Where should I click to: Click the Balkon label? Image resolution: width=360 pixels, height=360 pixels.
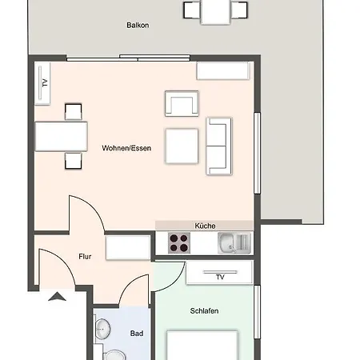coord(138,26)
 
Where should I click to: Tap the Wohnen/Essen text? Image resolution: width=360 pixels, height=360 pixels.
coord(126,148)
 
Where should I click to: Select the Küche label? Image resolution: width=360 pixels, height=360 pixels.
coord(205,226)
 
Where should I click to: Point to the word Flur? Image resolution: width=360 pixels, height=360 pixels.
coord(85,257)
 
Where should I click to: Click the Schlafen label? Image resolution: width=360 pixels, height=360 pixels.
coord(205,311)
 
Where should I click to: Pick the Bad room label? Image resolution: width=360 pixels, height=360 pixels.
coord(136,334)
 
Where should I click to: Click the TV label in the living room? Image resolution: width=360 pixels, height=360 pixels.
coord(45,83)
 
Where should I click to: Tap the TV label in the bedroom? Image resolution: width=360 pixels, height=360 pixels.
coord(219,277)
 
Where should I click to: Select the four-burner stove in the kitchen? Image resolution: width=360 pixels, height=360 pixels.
coord(178,242)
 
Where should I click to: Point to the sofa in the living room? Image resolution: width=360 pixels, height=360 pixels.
coord(219,146)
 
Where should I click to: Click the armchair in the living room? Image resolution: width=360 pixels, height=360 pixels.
coord(181,104)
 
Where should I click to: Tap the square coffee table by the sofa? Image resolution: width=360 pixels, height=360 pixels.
coord(182,146)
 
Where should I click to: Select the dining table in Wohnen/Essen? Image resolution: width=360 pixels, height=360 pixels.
coord(61,136)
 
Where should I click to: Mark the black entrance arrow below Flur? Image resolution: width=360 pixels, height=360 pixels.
coord(58,298)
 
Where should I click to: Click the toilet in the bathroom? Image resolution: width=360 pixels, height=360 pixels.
coord(116,355)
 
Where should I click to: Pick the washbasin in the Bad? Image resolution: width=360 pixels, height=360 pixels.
coord(103,329)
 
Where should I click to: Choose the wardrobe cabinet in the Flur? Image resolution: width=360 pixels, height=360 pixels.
coord(128,247)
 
